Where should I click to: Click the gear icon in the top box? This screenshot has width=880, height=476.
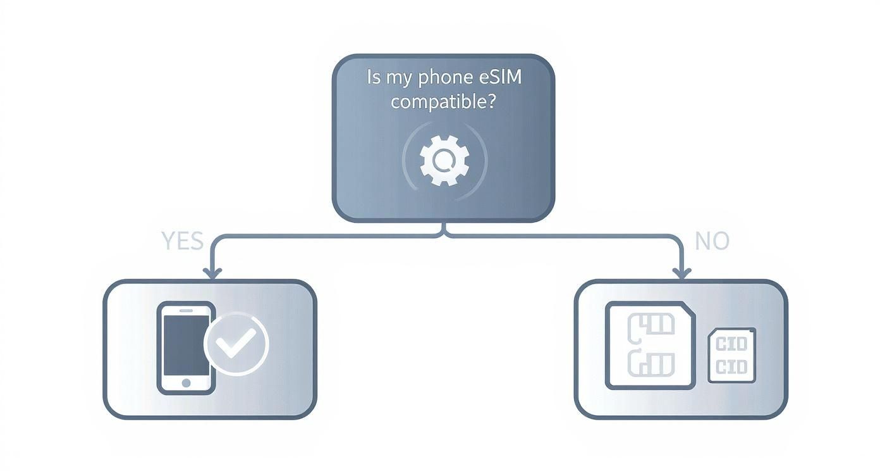(444, 159)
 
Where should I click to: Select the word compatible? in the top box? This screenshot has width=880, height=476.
(443, 101)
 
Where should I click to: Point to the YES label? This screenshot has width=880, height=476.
(182, 241)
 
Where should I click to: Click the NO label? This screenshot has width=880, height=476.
(712, 241)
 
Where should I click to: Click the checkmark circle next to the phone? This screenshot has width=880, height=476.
(236, 344)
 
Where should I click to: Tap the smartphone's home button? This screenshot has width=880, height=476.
(186, 383)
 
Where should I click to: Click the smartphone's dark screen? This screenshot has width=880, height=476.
(185, 344)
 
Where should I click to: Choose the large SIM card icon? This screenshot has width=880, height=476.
(651, 345)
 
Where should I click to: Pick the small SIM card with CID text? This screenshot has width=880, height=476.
(732, 355)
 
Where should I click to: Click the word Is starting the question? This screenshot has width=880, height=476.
(375, 78)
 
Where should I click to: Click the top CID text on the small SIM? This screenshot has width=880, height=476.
(732, 344)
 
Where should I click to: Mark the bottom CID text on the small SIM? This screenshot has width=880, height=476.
(732, 366)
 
